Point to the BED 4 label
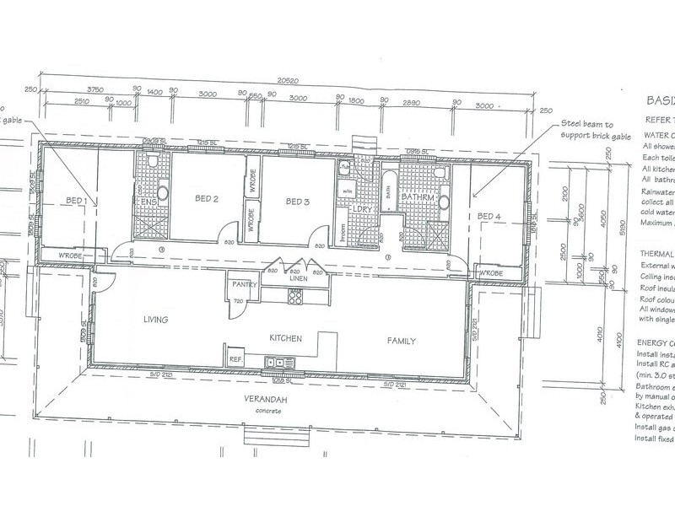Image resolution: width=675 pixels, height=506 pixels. pos(490,217)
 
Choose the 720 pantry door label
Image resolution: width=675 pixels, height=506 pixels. pos(239,301)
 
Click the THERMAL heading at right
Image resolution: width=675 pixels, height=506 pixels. pos(653,253)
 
